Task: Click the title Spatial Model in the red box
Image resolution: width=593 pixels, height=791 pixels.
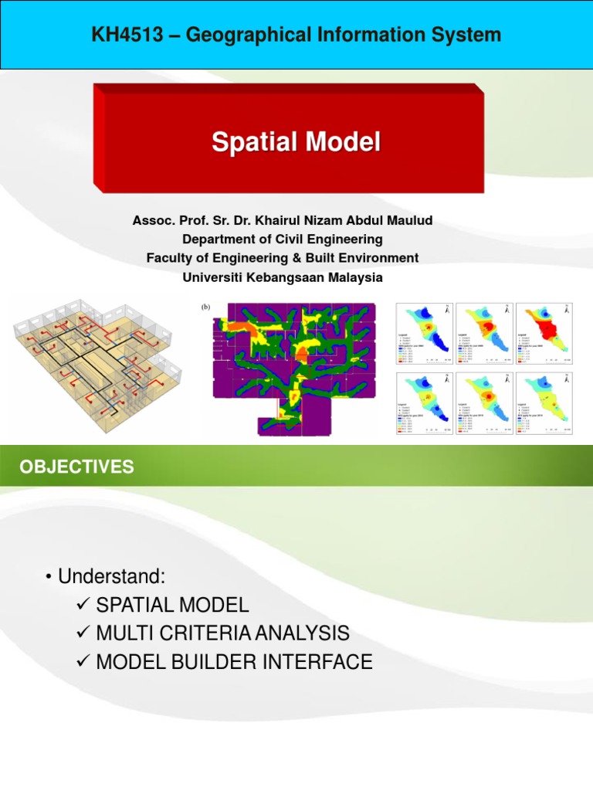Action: click(x=296, y=142)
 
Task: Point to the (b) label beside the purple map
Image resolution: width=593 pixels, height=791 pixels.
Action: click(x=206, y=307)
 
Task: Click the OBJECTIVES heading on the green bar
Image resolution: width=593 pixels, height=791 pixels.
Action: click(x=76, y=467)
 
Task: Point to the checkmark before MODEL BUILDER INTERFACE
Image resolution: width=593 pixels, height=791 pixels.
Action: click(x=85, y=663)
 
